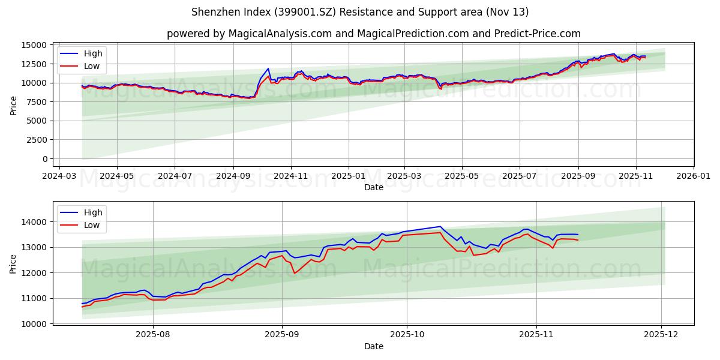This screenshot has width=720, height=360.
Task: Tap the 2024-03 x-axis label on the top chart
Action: click(58, 176)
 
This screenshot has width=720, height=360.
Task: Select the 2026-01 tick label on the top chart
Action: click(694, 176)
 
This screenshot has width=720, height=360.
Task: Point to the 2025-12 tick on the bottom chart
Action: click(661, 335)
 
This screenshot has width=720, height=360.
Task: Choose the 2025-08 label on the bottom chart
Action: click(153, 335)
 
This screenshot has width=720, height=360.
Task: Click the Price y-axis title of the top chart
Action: click(14, 105)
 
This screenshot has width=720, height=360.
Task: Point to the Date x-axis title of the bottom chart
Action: click(373, 346)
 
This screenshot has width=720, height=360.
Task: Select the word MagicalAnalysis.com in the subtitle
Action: click(280, 34)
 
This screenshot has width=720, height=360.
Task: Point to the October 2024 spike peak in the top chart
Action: click(268, 68)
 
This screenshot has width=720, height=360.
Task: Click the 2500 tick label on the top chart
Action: click(37, 140)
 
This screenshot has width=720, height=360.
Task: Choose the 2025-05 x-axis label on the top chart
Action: click(462, 176)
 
